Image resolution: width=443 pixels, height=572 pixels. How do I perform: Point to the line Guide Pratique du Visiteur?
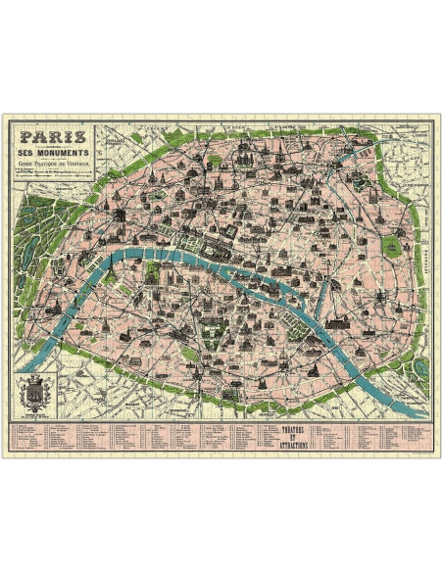pos(55,167)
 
